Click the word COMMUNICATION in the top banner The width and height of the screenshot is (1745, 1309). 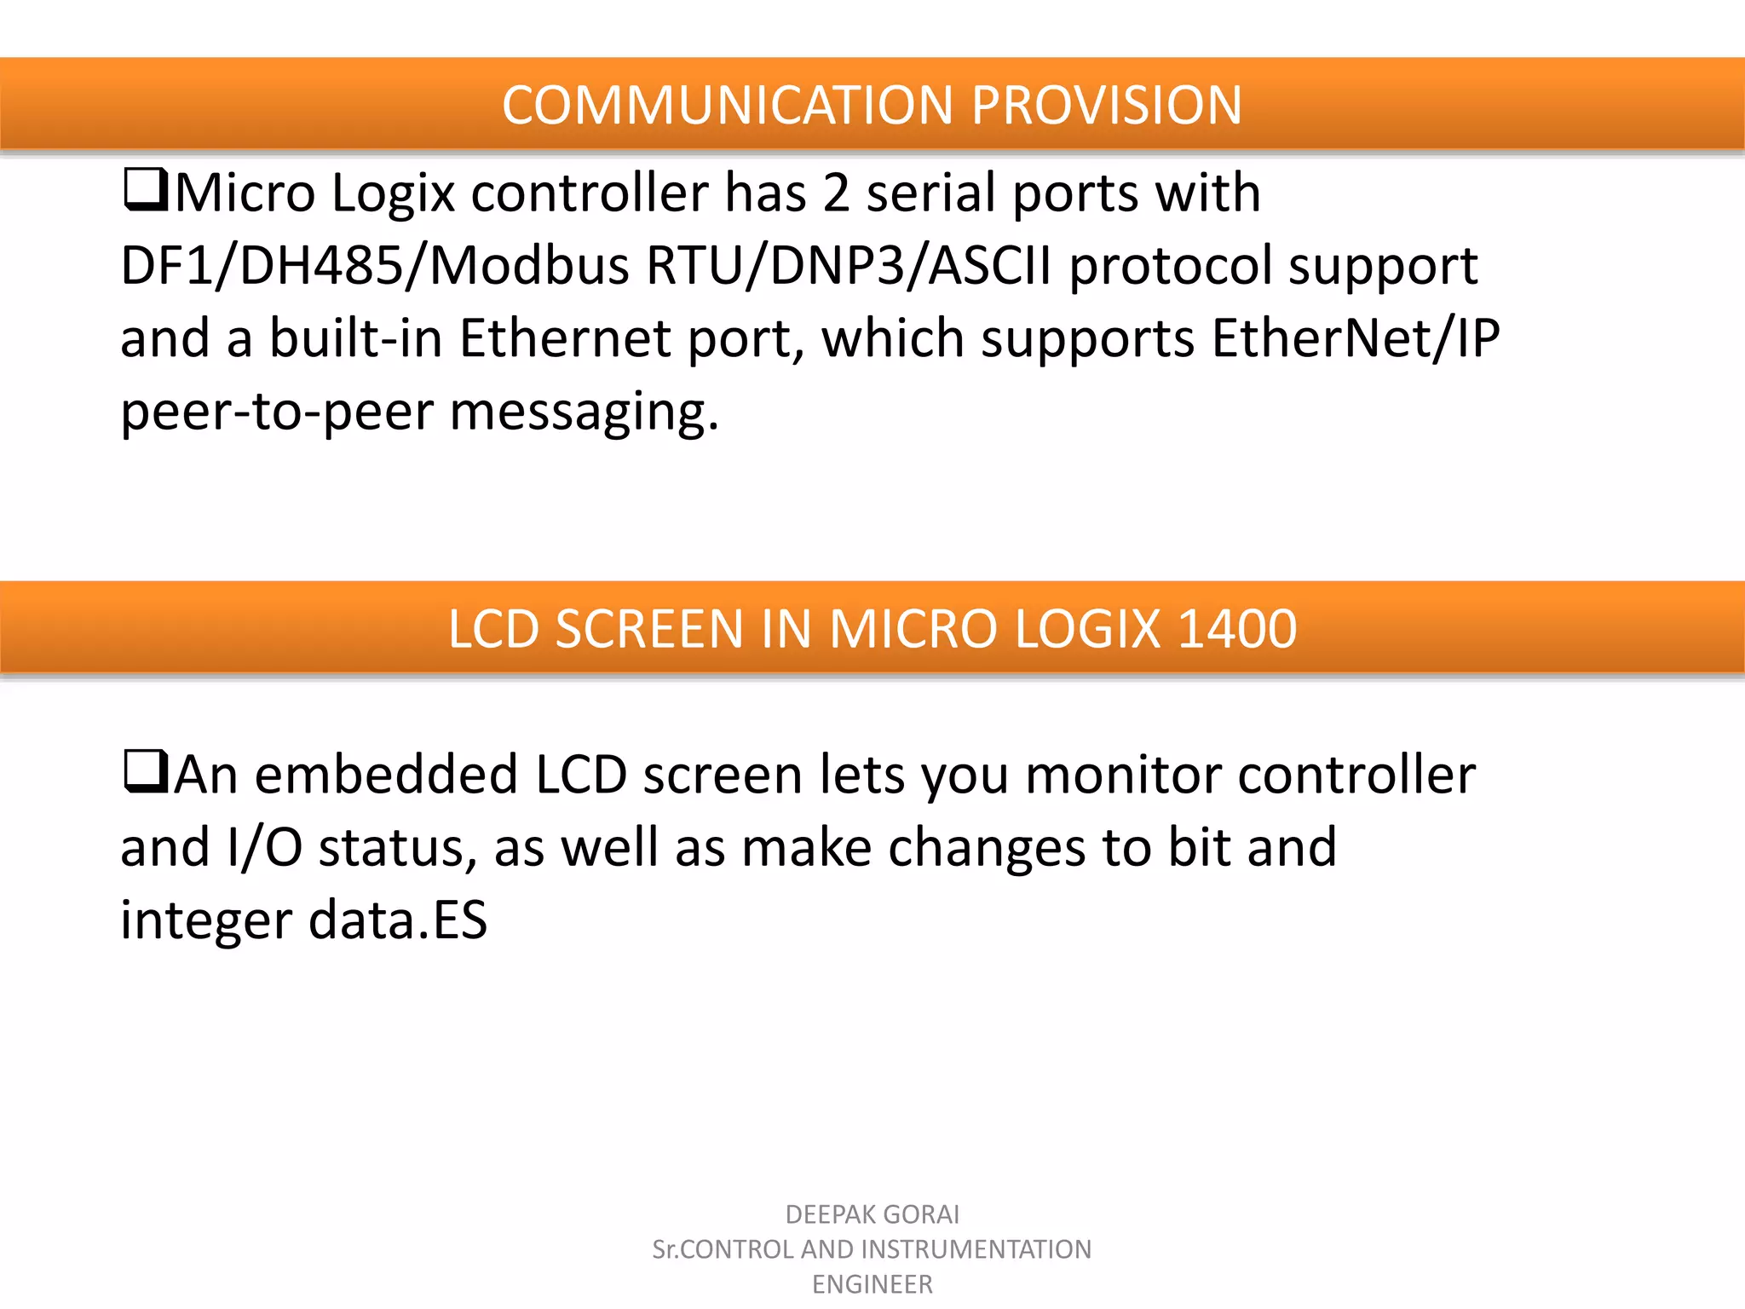(x=727, y=106)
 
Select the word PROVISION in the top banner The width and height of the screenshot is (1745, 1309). (x=1106, y=106)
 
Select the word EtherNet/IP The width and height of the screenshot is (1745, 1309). (x=1355, y=338)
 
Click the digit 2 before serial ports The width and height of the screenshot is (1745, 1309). (x=836, y=193)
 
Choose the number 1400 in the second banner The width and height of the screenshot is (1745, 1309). (x=1236, y=629)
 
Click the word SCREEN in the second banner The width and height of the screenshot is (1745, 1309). (x=649, y=629)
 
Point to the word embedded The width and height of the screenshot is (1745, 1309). (x=386, y=775)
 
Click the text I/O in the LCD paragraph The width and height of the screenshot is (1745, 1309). (x=264, y=848)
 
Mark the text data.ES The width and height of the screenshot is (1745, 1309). (x=397, y=920)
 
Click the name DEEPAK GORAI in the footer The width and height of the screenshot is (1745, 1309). (x=872, y=1214)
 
